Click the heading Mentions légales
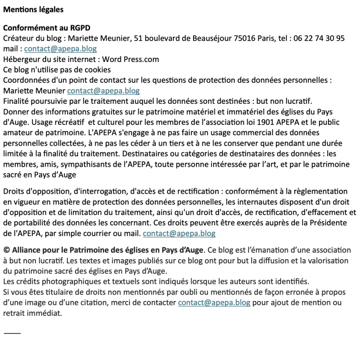coord(33,9)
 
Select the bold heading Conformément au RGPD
coord(47,28)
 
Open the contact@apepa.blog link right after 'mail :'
coord(60,49)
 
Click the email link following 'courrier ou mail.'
coord(179,233)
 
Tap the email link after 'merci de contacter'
coord(214,302)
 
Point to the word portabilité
coord(32,223)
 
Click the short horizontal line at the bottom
coord(12,333)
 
